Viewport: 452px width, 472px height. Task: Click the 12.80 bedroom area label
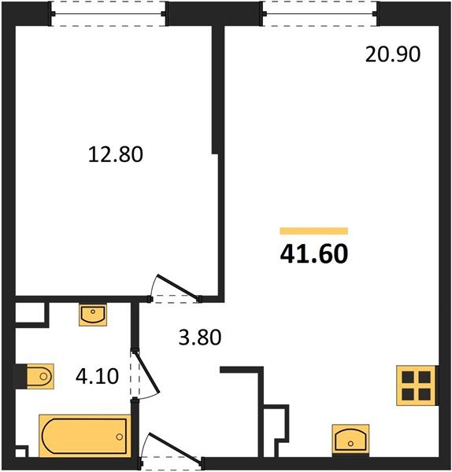pyautogui.click(x=115, y=155)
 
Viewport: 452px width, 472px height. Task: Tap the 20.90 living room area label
pyautogui.click(x=394, y=54)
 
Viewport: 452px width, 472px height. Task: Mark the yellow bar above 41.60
pyautogui.click(x=314, y=230)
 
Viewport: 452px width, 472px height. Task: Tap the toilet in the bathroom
pyautogui.click(x=36, y=377)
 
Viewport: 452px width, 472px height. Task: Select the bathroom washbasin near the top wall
pyautogui.click(x=92, y=315)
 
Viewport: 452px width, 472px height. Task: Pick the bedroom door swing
pyautogui.click(x=175, y=287)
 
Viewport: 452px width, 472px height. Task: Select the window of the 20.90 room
pyautogui.click(x=320, y=13)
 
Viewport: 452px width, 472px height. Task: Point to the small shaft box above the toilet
pyautogui.click(x=31, y=314)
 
